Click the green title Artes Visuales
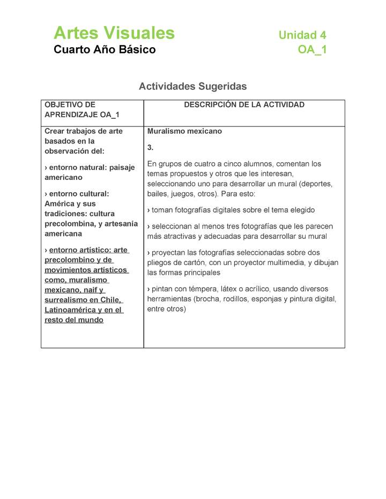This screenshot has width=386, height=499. coord(114,33)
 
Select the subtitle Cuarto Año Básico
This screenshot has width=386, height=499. coord(105,50)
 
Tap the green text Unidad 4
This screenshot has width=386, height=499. coord(302,35)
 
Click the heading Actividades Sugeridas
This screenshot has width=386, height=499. coord(192,86)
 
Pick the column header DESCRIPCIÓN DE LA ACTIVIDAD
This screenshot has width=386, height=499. coord(244,105)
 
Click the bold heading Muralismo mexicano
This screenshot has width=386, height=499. coord(184,131)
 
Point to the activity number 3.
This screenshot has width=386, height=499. coord(151,147)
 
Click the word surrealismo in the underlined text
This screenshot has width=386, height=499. coord(66,300)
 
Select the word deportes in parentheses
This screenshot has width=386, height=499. coord(317,184)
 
